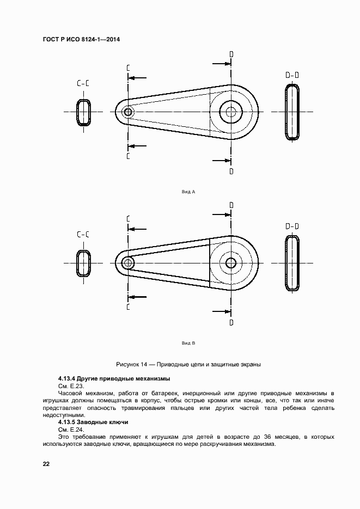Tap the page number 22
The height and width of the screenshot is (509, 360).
pos(46,464)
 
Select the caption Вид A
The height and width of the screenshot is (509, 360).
pos(187,192)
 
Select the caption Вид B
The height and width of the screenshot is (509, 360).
pos(187,344)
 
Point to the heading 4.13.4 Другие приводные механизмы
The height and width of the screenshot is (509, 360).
pos(114,378)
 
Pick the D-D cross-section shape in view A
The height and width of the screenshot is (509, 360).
pos(293,112)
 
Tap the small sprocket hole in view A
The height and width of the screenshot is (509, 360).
pos(128,112)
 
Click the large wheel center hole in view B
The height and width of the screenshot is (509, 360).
pos(231,263)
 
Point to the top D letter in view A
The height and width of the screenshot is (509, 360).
pos(231,54)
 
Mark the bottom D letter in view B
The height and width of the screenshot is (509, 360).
pos(231,322)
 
